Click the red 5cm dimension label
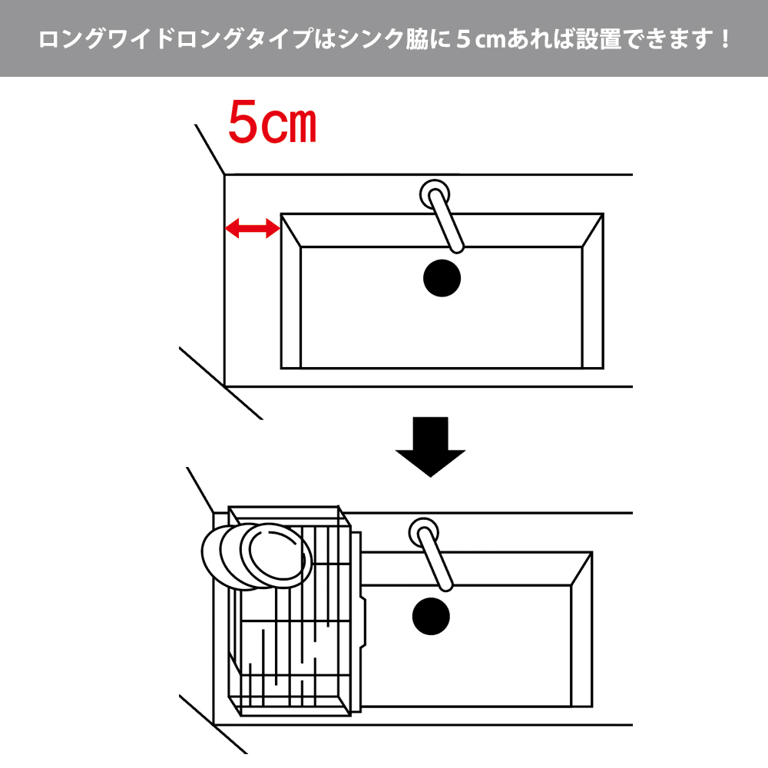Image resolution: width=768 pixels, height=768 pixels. [x=273, y=122]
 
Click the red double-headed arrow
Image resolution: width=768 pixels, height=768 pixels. [x=252, y=228]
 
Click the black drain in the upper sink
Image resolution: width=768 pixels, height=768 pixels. [x=442, y=278]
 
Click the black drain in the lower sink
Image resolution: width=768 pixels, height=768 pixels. [x=431, y=616]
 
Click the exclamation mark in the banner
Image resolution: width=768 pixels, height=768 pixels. [x=725, y=38]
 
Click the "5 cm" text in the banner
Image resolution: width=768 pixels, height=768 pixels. [x=482, y=39]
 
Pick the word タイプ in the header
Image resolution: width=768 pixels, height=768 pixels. [x=280, y=39]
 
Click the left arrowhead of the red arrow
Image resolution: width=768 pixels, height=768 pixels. [x=232, y=228]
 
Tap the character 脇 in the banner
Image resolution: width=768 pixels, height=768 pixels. [x=417, y=39]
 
